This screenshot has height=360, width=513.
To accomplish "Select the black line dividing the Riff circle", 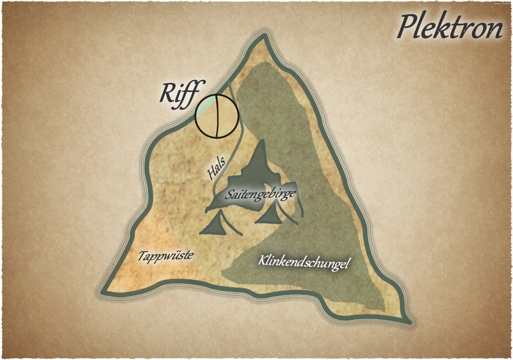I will tap(217, 116).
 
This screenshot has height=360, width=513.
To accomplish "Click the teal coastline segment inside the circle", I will tap(206, 107).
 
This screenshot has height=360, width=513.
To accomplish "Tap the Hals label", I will tap(216, 169).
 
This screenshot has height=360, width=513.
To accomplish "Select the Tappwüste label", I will tap(165, 256).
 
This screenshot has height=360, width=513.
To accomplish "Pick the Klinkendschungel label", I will tap(304, 262).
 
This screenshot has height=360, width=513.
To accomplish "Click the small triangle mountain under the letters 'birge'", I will tap(270, 215).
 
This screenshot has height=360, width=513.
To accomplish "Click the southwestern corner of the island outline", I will tap(103, 292).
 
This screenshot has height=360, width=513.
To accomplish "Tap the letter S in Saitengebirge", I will tap(231, 195).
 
